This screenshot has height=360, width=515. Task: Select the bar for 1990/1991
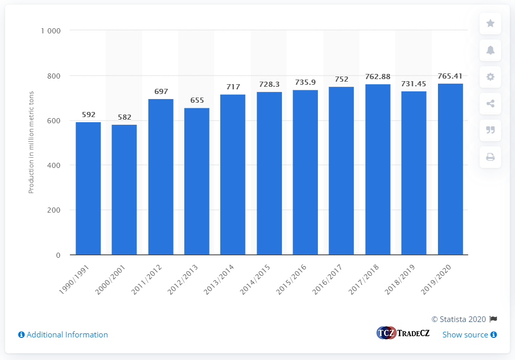coord(88,188)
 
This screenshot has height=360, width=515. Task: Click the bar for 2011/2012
coord(161,177)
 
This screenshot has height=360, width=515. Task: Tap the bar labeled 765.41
coord(450,169)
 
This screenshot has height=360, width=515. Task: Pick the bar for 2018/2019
coord(414,173)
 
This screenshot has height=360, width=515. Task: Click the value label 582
coord(124,117)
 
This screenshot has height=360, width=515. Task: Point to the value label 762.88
coord(377,77)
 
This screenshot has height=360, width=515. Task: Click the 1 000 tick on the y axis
coord(51,31)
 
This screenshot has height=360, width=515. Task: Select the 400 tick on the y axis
coord(54,165)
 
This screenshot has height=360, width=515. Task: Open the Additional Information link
coord(63,335)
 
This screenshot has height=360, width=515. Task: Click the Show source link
coord(469,335)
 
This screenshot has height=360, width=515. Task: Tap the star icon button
coord(490,23)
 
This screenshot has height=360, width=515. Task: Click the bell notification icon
coord(490,50)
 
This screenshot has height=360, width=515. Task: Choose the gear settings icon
coord(490,77)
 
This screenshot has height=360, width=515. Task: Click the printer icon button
coord(490,157)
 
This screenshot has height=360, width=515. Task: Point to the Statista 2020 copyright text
coord(459,319)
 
